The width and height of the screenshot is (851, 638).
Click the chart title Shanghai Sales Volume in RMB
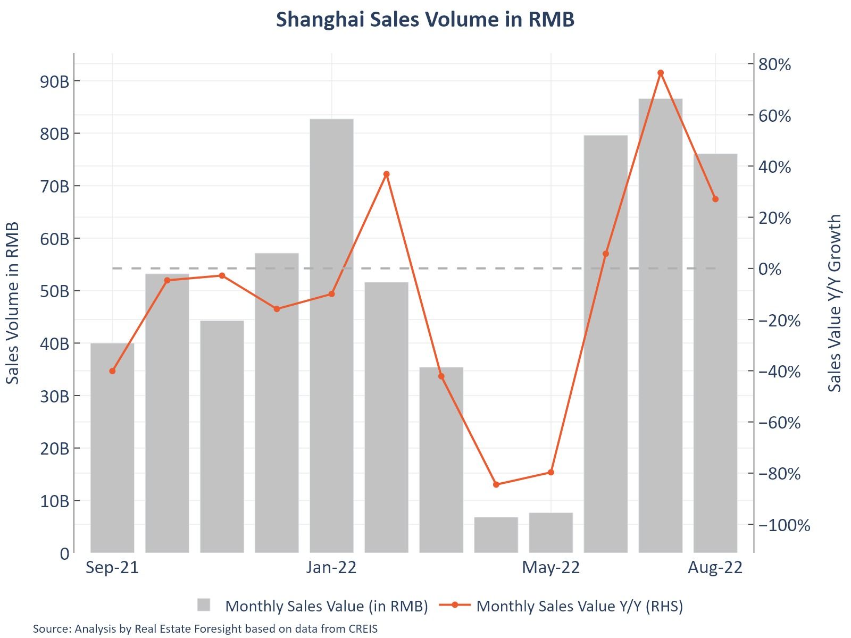[x=425, y=20]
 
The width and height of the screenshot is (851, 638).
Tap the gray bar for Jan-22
[x=331, y=335]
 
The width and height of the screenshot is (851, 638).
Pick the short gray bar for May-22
[x=550, y=532]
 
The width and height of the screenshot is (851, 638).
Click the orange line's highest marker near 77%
[x=660, y=73]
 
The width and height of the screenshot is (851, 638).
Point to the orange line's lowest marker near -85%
[x=496, y=484]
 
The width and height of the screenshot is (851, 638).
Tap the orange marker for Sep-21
[x=112, y=371]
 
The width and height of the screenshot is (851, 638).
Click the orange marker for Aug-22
[x=715, y=199]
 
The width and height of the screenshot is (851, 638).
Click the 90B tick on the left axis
[x=54, y=82]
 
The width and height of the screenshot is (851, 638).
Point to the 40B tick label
[x=54, y=344]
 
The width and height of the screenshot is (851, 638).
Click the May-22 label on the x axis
[x=550, y=568]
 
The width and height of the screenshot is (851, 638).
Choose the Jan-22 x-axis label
[x=331, y=568]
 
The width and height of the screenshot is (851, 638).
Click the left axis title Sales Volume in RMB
[x=13, y=303]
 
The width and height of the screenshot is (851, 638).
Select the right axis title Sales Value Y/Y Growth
[x=835, y=303]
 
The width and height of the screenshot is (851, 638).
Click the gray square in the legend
[x=204, y=605]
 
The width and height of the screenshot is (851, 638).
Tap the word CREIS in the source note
[x=363, y=629]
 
